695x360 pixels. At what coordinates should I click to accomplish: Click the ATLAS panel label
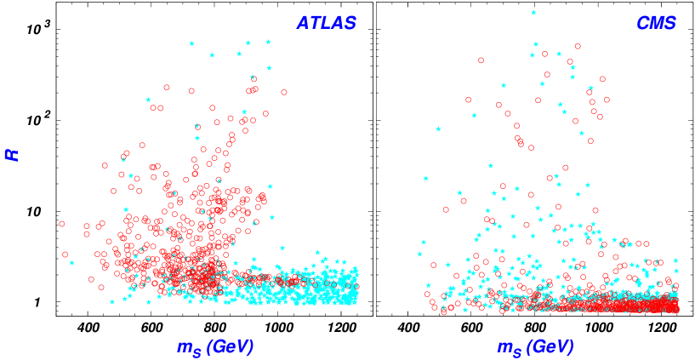coord(326,23)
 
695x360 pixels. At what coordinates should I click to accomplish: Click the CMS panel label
coord(656,23)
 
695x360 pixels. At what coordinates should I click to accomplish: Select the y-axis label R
coord(12,154)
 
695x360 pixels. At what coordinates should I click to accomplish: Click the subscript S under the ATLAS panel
coord(197,351)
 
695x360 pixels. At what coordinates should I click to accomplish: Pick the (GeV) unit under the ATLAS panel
coord(230,346)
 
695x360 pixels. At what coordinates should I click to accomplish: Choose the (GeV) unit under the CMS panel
coord(550,346)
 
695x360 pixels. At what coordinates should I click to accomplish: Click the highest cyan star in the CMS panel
coord(533,13)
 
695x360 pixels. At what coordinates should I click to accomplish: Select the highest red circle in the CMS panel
coord(578,46)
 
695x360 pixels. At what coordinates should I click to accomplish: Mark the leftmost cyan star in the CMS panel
coord(419,254)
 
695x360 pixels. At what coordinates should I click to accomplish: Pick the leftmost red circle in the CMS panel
coord(427,294)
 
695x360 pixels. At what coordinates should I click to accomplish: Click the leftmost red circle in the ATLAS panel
coord(61,224)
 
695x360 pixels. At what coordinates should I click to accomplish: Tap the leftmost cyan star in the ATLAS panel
coord(71,263)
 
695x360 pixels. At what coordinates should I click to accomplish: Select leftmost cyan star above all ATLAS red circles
coord(191,43)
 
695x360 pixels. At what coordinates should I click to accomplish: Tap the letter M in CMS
coord(656,23)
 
